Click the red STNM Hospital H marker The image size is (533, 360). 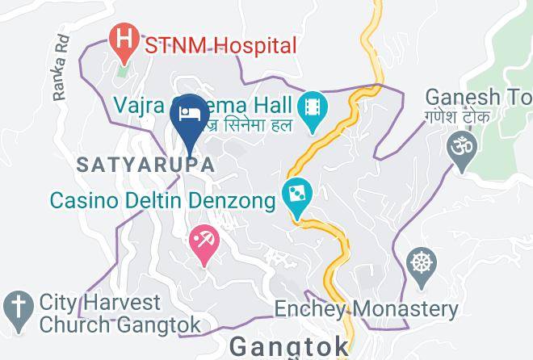click(x=124, y=39)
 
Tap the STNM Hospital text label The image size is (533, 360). click(x=220, y=45)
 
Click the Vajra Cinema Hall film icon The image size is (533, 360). click(x=310, y=107)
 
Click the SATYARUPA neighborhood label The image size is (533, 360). click(x=145, y=164)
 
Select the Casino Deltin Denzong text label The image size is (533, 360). click(x=162, y=199)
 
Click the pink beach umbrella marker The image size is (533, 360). click(x=203, y=242)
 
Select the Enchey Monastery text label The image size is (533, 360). click(x=366, y=308)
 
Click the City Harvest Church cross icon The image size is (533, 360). click(x=16, y=307)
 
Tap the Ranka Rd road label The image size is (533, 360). click(x=61, y=77)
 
